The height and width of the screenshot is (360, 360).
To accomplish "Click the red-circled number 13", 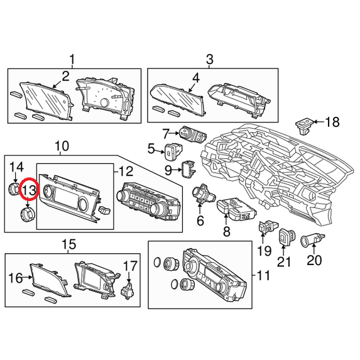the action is [29, 190].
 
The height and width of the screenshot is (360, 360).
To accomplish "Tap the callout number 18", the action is [332, 122].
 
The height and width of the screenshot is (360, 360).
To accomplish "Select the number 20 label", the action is [314, 260].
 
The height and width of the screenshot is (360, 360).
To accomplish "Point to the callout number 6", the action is [200, 221].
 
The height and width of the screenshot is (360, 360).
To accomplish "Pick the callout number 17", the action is [130, 266].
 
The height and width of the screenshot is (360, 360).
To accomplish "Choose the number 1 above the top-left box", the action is [72, 60].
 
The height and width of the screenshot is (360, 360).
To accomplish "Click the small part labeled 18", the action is [304, 126].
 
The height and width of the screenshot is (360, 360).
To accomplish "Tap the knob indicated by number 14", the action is [14, 188].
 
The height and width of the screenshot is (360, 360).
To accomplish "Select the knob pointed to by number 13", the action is [28, 214].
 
